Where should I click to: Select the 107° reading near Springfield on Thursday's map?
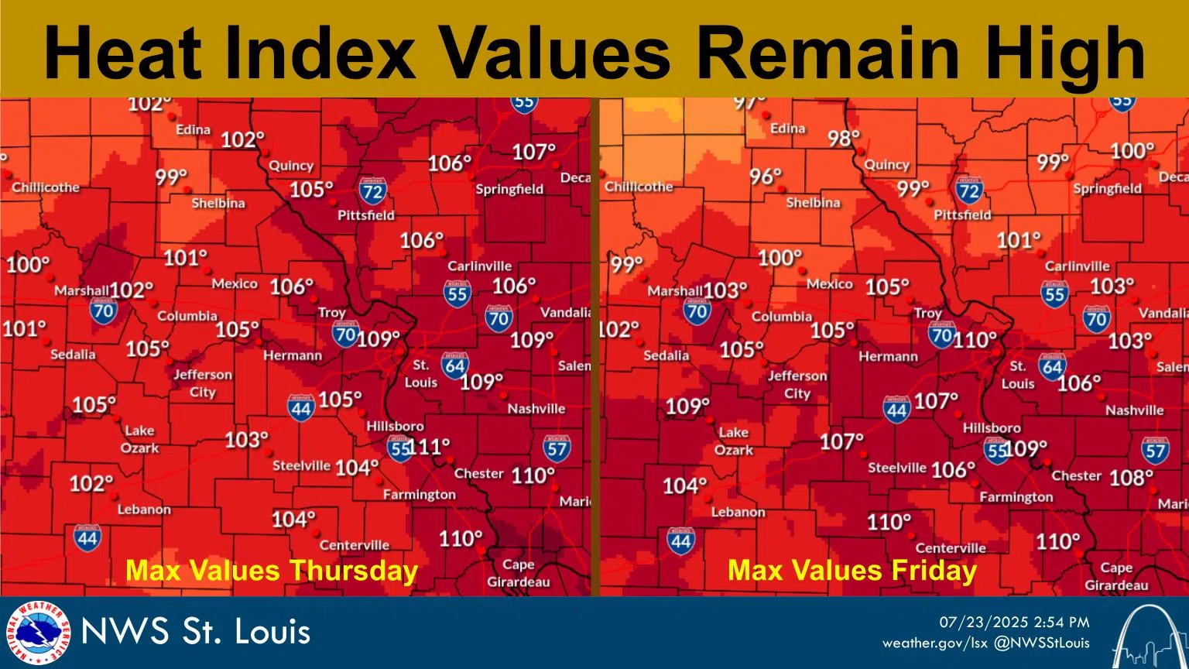(534, 152)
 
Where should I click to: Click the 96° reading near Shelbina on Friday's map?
(766, 177)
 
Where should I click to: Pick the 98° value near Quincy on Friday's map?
(844, 139)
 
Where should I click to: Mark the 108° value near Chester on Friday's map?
(1131, 478)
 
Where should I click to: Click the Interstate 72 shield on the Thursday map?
(372, 190)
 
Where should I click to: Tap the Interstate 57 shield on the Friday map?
(1155, 450)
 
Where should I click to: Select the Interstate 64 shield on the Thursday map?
(454, 365)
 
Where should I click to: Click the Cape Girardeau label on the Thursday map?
(518, 574)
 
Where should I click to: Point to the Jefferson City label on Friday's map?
(797, 385)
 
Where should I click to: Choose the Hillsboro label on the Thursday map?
(395, 426)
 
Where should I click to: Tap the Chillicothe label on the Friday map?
(639, 187)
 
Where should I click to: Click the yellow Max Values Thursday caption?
(272, 571)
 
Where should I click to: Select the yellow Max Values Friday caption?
(852, 571)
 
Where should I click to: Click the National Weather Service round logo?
(37, 632)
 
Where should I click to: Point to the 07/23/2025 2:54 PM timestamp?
(1014, 623)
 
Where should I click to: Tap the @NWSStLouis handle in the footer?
(1042, 643)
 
